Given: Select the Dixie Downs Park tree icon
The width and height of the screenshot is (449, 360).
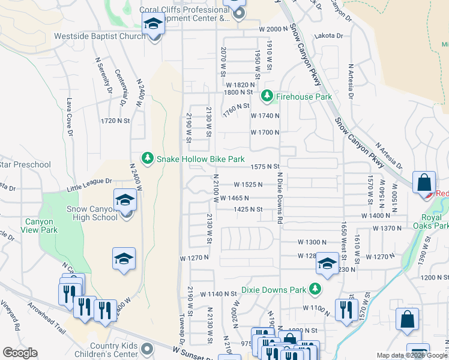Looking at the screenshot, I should pyautogui.click(x=315, y=289).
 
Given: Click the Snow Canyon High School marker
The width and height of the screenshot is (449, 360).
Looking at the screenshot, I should pyautogui.click(x=125, y=202).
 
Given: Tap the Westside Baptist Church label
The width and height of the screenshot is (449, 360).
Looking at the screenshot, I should pyautogui.click(x=100, y=36).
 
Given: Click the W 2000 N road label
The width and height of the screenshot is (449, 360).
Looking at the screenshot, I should pyautogui.click(x=274, y=29).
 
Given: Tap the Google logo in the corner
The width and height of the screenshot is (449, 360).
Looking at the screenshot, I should pyautogui.click(x=20, y=352).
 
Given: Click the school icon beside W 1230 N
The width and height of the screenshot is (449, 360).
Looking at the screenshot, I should pyautogui.click(x=328, y=264).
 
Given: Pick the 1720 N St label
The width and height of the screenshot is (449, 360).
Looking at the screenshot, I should pyautogui.click(x=115, y=121).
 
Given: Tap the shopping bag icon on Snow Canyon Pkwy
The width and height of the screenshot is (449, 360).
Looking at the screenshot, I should pyautogui.click(x=424, y=182).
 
